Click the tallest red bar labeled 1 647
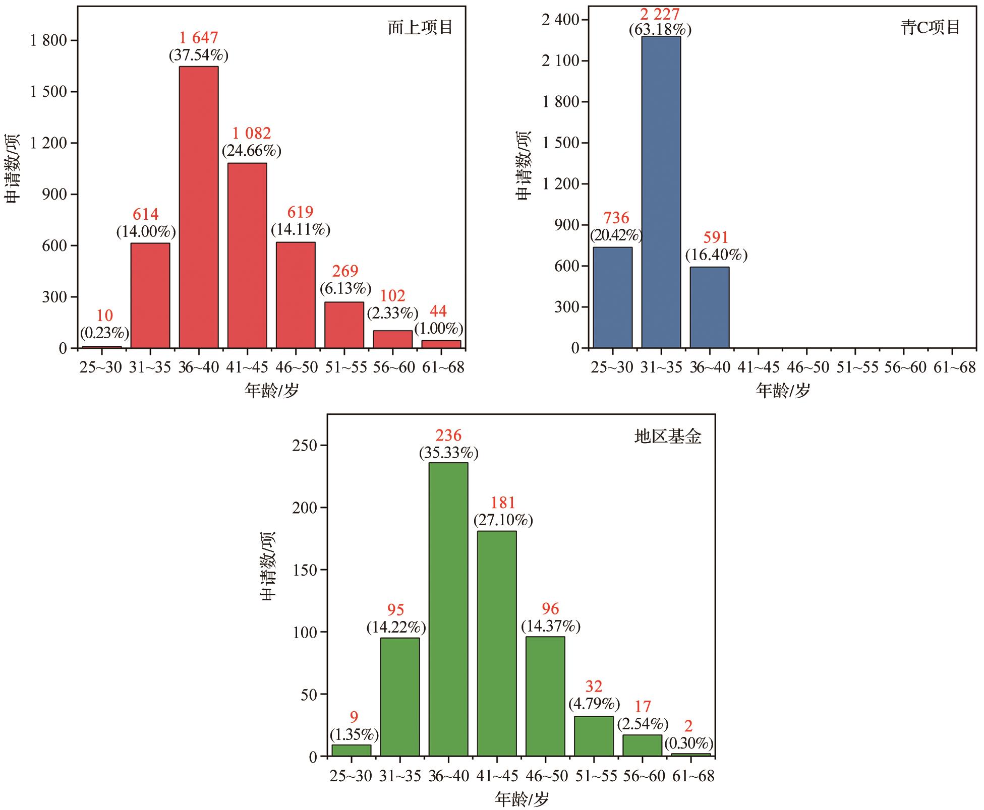[x=199, y=207]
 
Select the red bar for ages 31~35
[x=150, y=295]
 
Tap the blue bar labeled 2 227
[x=661, y=192]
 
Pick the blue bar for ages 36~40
[x=709, y=307]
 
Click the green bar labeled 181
[x=497, y=644]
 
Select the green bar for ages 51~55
[x=594, y=736]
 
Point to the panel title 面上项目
[x=420, y=27]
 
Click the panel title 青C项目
[x=931, y=27]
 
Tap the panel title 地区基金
[x=667, y=437]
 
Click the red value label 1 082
[x=251, y=134]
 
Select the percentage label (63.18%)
[x=660, y=30]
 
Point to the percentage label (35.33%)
[x=448, y=453]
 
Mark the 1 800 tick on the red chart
[x=48, y=40]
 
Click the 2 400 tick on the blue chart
[x=561, y=20]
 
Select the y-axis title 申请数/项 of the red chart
[x=13, y=169]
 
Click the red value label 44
[x=438, y=311]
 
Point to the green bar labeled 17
[x=642, y=745]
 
